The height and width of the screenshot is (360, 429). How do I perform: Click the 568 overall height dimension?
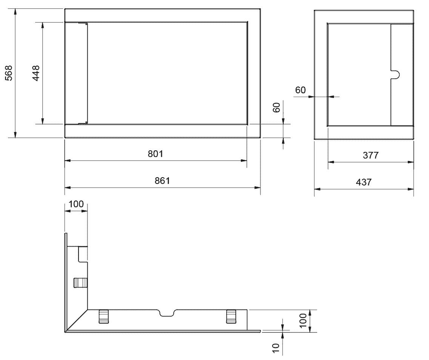[x=9, y=73]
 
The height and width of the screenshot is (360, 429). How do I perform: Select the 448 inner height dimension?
[x=36, y=73]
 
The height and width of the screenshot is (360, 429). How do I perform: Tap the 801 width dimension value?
[x=156, y=154]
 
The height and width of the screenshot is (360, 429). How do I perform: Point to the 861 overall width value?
[x=162, y=181]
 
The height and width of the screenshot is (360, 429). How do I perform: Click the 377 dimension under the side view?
[x=371, y=155]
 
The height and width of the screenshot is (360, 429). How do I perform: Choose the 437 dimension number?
[x=364, y=182]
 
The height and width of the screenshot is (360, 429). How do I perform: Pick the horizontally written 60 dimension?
[x=300, y=90]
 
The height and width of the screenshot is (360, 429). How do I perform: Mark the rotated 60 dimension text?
[x=276, y=107]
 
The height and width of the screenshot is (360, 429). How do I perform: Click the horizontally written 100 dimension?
[x=76, y=204]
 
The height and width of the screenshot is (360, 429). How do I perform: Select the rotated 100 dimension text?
[x=303, y=321]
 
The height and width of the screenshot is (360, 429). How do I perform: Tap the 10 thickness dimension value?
[x=276, y=348]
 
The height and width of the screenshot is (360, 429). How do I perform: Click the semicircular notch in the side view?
[x=395, y=75]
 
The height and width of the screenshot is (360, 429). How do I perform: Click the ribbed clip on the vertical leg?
[x=80, y=283]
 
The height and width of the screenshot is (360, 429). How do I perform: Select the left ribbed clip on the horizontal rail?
[x=103, y=317]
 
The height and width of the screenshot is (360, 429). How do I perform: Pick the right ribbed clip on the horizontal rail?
[x=231, y=317]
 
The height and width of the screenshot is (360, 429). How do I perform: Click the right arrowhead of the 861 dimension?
[x=257, y=187]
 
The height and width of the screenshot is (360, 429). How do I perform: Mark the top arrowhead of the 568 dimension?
[x=15, y=12]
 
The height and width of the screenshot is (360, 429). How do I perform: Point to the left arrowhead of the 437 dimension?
[x=317, y=189]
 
